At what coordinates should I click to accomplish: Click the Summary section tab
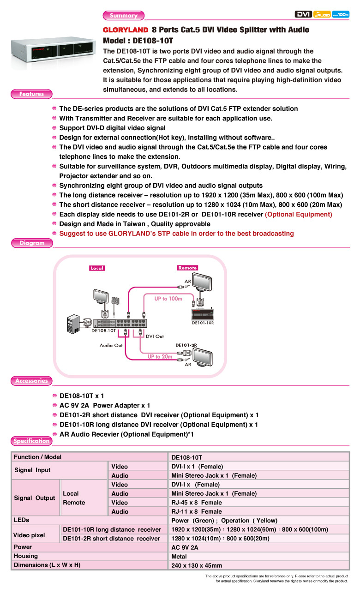(x=123, y=16)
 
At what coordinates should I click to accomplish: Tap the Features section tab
(x=31, y=94)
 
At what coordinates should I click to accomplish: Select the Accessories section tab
(x=31, y=381)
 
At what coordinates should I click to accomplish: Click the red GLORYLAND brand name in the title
(x=125, y=30)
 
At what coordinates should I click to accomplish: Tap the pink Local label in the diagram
(x=97, y=268)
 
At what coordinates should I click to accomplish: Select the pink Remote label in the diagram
(x=187, y=268)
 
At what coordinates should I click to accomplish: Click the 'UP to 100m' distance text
(x=168, y=299)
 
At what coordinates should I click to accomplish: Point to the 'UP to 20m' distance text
(x=160, y=356)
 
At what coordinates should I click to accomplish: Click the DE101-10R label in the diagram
(x=203, y=323)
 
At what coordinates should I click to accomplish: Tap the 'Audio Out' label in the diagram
(x=111, y=345)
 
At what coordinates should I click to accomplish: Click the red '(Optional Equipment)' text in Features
(x=298, y=214)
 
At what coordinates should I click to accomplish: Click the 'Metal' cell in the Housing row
(x=180, y=557)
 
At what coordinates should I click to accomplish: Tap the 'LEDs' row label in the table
(x=22, y=520)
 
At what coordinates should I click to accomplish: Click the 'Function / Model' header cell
(x=37, y=457)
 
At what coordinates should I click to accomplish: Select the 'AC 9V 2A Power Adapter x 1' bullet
(x=105, y=405)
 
